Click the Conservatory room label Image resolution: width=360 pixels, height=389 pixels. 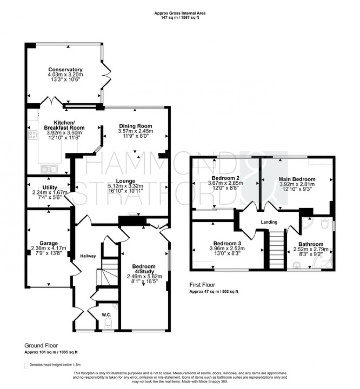pyautogui.click(x=65, y=69)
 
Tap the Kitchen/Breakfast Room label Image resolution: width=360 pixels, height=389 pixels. pyautogui.click(x=64, y=125)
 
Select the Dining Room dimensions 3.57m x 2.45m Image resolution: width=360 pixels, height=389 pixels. pyautogui.click(x=136, y=131)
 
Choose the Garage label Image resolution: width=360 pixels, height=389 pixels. pyautogui.click(x=49, y=243)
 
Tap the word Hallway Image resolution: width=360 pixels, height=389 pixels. pyautogui.click(x=88, y=256)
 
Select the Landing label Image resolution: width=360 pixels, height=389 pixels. pyautogui.click(x=269, y=222)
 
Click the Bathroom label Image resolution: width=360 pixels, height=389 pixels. pyautogui.click(x=310, y=244)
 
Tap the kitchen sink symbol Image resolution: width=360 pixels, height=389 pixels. pyautogui.click(x=49, y=169)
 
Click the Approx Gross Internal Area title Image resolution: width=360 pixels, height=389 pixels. pyautogui.click(x=180, y=13)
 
